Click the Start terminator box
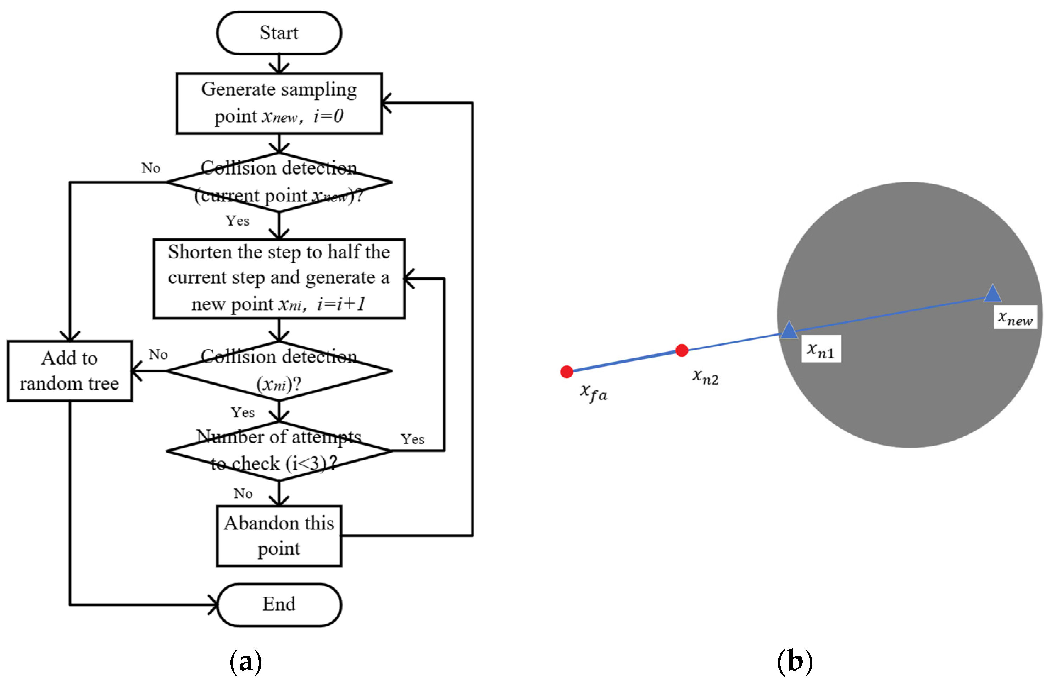279,33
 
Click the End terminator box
279,604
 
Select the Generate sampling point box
279,103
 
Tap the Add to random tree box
70,371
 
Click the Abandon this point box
279,535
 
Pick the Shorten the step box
279,278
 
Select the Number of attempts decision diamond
279,451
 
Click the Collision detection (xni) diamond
279,371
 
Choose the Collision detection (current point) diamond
279,182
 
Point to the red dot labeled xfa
567,372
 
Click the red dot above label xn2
682,350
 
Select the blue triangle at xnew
992,294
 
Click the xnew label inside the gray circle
1015,317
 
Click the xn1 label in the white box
821,349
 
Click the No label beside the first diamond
151,168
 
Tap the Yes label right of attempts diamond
412,439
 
